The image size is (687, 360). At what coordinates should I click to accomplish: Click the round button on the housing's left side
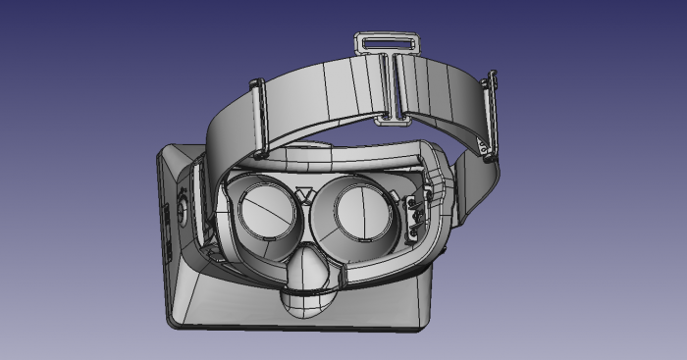coord(183,213)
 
